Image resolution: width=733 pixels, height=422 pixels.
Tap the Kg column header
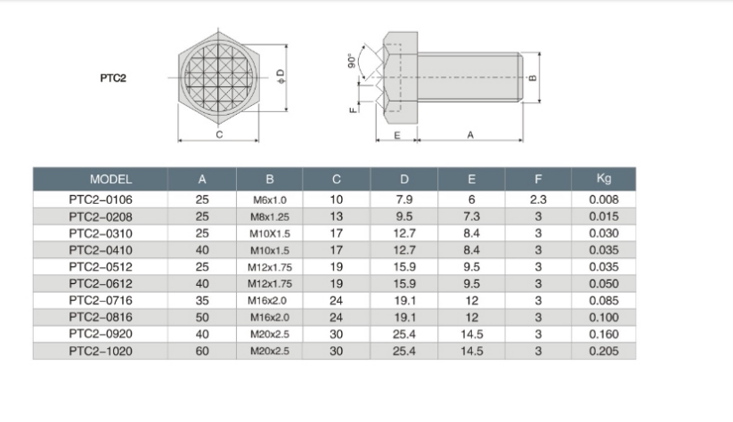(x=603, y=179)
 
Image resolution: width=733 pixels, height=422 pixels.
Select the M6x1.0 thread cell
(x=269, y=200)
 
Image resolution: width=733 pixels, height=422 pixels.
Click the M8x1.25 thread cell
(x=269, y=217)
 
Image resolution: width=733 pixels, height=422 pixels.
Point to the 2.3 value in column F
(x=538, y=200)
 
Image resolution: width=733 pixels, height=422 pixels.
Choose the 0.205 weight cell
(x=603, y=352)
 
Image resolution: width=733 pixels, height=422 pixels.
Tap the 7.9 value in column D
(x=403, y=200)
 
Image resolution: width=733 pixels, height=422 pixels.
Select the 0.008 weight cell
(x=603, y=200)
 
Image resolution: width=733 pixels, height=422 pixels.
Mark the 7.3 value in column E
(x=471, y=217)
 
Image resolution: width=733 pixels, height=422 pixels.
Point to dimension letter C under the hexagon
(x=219, y=134)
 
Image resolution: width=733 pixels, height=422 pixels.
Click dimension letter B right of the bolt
(x=533, y=77)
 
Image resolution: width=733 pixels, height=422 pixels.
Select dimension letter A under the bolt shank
(x=469, y=134)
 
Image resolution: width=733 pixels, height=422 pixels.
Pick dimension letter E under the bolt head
(x=396, y=134)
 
